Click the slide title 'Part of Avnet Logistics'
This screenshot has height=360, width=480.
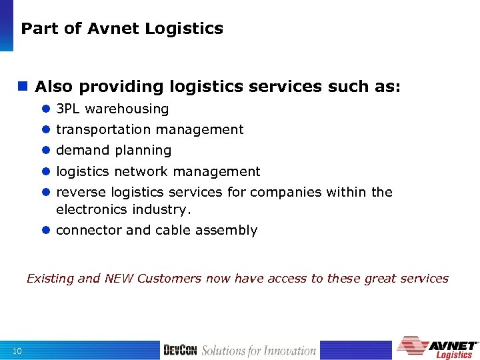point(122,29)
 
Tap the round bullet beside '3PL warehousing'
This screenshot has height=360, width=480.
point(46,109)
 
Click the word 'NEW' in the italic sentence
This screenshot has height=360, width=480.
point(119,279)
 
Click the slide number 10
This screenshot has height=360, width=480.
point(17,351)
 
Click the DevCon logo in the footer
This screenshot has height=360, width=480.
point(180,350)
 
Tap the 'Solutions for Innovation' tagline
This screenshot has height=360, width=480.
point(259,350)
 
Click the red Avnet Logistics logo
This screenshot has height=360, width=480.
point(437,347)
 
